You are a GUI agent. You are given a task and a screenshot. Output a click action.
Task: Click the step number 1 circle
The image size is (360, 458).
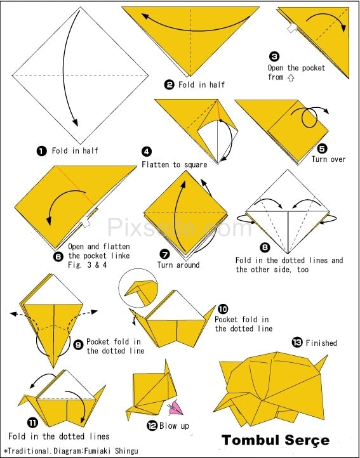pyautogui.click(x=41, y=151)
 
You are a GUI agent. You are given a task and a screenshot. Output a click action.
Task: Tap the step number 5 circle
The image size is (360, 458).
pyautogui.click(x=322, y=148)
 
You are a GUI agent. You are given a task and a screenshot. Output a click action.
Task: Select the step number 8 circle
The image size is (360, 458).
pyautogui.click(x=265, y=248)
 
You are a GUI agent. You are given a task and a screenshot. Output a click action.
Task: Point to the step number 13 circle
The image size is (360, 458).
pyautogui.click(x=297, y=343)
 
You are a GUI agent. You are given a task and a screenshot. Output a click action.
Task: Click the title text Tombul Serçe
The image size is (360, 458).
pyautogui.click(x=276, y=440)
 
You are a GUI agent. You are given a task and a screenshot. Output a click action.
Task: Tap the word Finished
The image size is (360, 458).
pyautogui.click(x=321, y=343)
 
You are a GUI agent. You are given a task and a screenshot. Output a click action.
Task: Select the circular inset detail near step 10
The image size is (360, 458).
pyautogui.click(x=138, y=288)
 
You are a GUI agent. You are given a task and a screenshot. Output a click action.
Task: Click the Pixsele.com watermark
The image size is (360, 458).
pyautogui.click(x=180, y=228)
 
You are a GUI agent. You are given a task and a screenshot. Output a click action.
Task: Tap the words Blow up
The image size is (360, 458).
pyautogui.click(x=175, y=426)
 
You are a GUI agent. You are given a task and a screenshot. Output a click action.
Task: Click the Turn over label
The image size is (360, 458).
pyautogui.click(x=328, y=159)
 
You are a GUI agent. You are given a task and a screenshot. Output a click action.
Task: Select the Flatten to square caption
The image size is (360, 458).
pyautogui.click(x=175, y=165)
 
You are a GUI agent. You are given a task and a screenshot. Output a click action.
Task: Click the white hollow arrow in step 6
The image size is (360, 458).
pyautogui.click(x=86, y=223)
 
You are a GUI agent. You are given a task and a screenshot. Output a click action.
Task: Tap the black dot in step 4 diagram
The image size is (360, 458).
pyautogui.click(x=220, y=121)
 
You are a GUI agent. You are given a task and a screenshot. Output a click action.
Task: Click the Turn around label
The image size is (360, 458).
pyautogui.click(x=178, y=265)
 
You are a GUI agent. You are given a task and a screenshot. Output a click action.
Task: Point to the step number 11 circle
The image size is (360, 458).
pyautogui.click(x=32, y=422)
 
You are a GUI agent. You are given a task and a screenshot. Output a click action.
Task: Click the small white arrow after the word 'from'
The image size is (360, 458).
pyautogui.click(x=290, y=78)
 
